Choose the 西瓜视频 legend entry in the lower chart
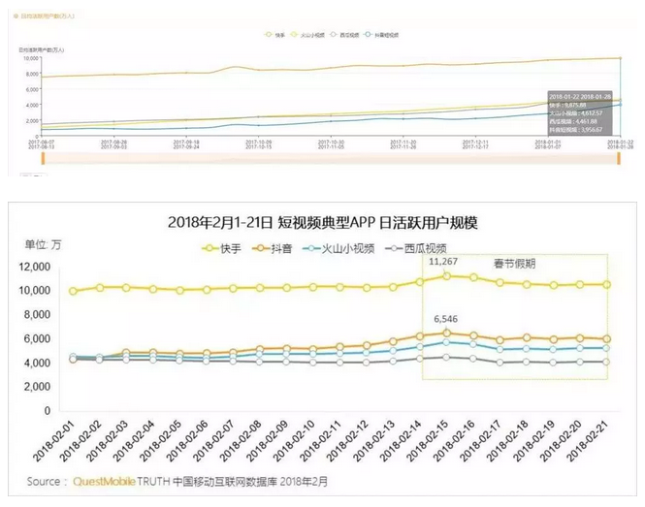tap(414, 249)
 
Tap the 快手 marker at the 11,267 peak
tap(446, 275)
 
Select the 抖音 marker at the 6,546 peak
tap(446, 333)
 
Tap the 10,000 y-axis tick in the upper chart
tap(29, 58)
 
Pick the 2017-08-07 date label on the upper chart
tap(29, 140)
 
